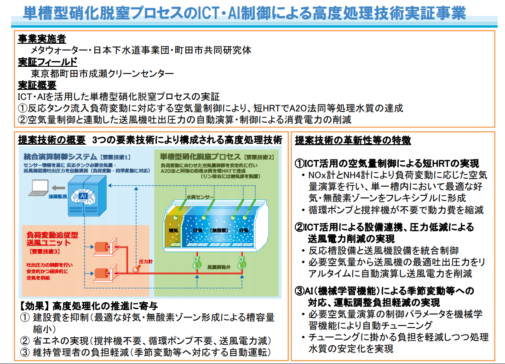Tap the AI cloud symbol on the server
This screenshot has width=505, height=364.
pos(83,196)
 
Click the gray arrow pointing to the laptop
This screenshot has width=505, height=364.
pos(58,188)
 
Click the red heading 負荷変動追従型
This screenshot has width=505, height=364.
pos(52,235)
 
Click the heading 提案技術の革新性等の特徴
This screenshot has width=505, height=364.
pos(353,140)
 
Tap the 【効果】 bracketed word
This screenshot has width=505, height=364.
pos(34,305)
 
